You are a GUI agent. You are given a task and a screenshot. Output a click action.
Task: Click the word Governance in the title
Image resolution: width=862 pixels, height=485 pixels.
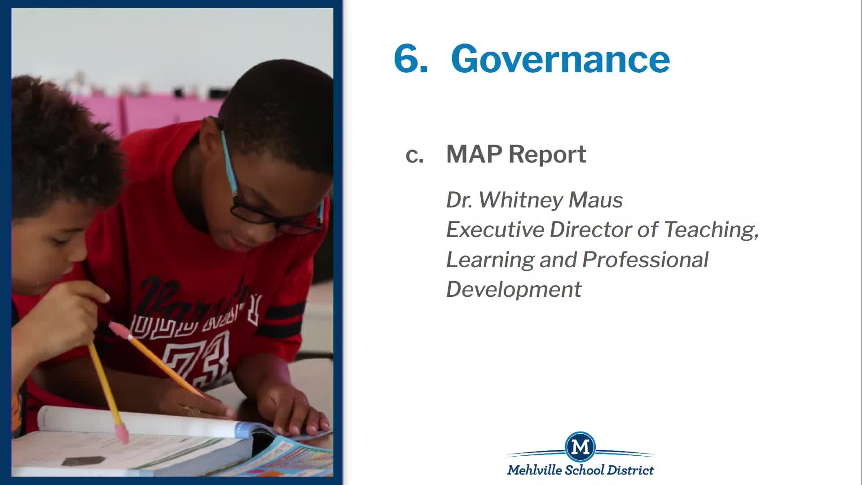560,58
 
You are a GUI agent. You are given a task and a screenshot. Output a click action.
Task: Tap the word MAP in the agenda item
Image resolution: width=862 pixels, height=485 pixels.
474,154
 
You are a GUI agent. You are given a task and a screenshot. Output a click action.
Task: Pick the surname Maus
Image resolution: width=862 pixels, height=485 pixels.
596,200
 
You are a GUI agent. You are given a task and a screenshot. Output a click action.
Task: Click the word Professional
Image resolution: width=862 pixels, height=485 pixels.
645,260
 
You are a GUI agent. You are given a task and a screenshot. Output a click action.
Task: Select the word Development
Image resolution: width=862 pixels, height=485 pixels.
514,290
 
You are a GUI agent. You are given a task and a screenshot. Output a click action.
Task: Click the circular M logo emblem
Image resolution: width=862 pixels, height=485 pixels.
581,447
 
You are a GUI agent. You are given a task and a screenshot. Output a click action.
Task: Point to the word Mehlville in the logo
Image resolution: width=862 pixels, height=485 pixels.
534,470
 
